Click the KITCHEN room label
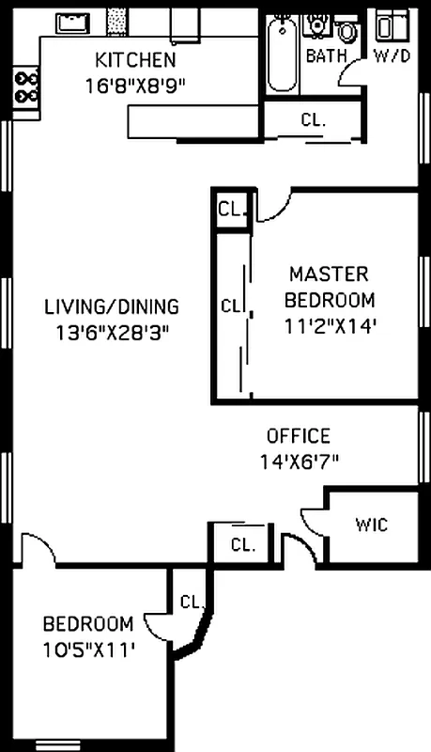(x=135, y=61)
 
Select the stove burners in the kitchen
(x=26, y=86)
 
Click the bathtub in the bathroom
(x=281, y=55)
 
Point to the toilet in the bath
(x=348, y=33)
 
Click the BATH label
(x=326, y=56)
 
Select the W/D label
(x=392, y=56)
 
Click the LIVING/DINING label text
(x=112, y=306)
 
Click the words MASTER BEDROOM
(x=329, y=287)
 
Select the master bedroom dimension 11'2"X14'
(x=329, y=326)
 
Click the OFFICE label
(x=299, y=436)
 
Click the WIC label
(x=371, y=525)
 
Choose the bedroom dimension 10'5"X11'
(x=89, y=648)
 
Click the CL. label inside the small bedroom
(x=192, y=602)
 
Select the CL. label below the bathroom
(x=313, y=119)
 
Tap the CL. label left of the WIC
(x=243, y=544)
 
